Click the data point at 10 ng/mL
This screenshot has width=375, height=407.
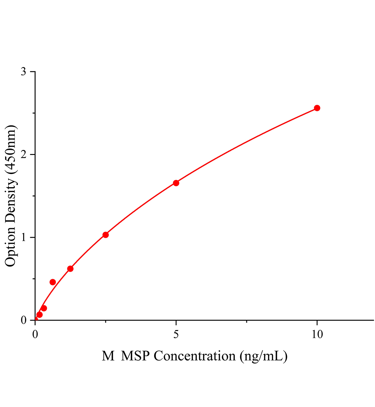(x=317, y=108)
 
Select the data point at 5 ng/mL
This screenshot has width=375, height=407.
(x=176, y=183)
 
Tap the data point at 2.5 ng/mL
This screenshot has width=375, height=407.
(x=106, y=235)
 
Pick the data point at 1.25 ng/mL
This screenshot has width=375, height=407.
(x=70, y=269)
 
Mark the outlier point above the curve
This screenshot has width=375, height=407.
(x=53, y=282)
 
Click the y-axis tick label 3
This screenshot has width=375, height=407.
(x=23, y=72)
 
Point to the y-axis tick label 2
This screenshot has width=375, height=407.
(x=23, y=155)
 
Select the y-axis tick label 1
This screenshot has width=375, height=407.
(x=23, y=237)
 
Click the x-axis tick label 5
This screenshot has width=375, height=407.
(x=176, y=334)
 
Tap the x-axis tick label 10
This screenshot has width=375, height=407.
(x=317, y=334)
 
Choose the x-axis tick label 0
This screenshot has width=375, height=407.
(x=35, y=334)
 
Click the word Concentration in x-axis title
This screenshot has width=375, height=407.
(x=195, y=356)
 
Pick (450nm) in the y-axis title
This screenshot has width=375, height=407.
(x=11, y=149)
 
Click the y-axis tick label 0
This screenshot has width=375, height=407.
(x=23, y=320)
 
